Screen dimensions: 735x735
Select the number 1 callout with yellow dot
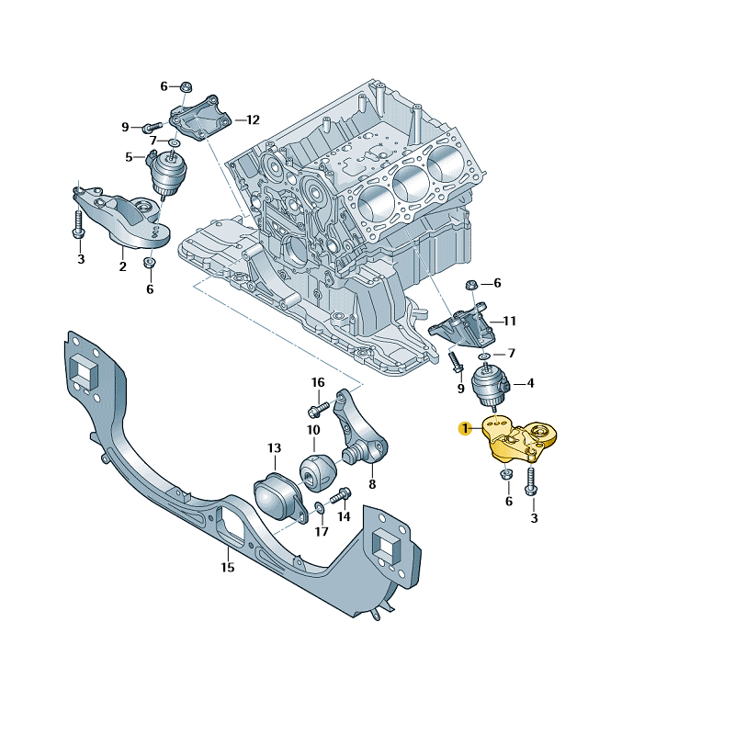click(x=466, y=427)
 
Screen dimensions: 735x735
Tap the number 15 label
click(x=227, y=567)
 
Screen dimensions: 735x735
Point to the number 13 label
click(x=274, y=448)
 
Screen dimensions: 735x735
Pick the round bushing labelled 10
click(x=317, y=471)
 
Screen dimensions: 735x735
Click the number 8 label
click(x=372, y=483)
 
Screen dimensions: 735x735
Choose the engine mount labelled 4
click(x=492, y=386)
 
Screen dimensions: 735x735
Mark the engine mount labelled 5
click(x=168, y=172)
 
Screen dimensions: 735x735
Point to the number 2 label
click(x=121, y=267)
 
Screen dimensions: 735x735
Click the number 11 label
click(x=509, y=322)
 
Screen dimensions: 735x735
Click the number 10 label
click(x=313, y=430)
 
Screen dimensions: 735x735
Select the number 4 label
click(x=531, y=383)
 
